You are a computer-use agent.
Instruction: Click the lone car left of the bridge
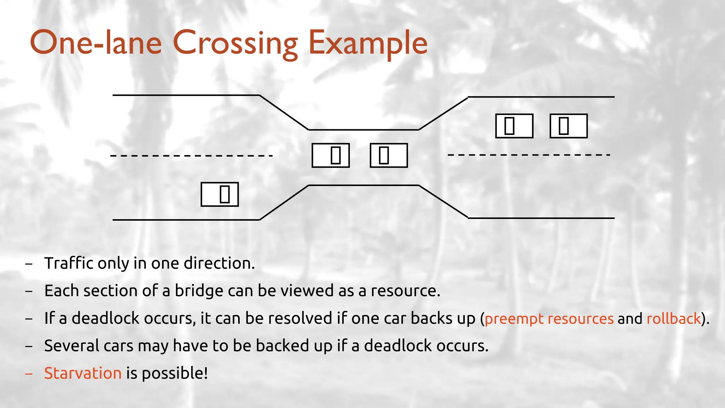coord(219,194)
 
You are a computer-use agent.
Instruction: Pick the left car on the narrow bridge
coord(331,155)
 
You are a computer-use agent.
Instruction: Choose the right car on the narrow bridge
coord(389,155)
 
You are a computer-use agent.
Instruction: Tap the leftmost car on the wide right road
coord(514,126)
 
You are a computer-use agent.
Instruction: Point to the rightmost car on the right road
coord(569,126)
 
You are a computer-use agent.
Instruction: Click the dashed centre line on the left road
coord(191,155)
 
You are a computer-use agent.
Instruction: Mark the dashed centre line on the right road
coord(529,155)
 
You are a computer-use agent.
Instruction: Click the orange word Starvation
coord(83,373)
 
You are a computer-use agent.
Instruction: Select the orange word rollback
coord(674,318)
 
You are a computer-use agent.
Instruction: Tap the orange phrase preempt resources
coord(549,319)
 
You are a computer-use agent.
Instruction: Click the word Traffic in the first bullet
coord(69,263)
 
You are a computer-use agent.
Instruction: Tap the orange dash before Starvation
coord(29,373)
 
